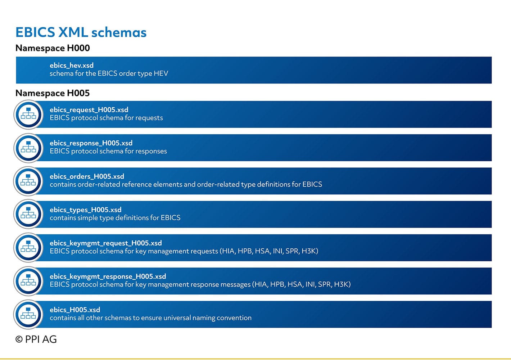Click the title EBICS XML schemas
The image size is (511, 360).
81,32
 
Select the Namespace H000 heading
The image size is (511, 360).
53,48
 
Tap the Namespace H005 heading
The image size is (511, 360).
53,93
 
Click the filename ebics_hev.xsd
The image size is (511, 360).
72,66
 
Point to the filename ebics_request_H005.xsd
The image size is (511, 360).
89,110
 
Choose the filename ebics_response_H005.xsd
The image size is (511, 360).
91,143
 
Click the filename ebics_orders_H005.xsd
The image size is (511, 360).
87,176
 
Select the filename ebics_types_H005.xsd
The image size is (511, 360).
86,210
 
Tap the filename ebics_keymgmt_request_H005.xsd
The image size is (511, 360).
106,243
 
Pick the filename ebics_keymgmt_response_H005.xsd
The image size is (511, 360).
108,276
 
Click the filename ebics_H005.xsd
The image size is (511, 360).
75,310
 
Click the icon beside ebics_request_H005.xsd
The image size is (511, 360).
28,114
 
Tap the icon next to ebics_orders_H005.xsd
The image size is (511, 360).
28,181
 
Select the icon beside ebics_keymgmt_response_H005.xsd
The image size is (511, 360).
28,281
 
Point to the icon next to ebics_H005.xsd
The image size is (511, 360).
28,315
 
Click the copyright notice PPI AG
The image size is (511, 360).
36,339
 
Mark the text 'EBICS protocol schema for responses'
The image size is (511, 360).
108,151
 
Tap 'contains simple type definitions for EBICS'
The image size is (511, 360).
115,218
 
